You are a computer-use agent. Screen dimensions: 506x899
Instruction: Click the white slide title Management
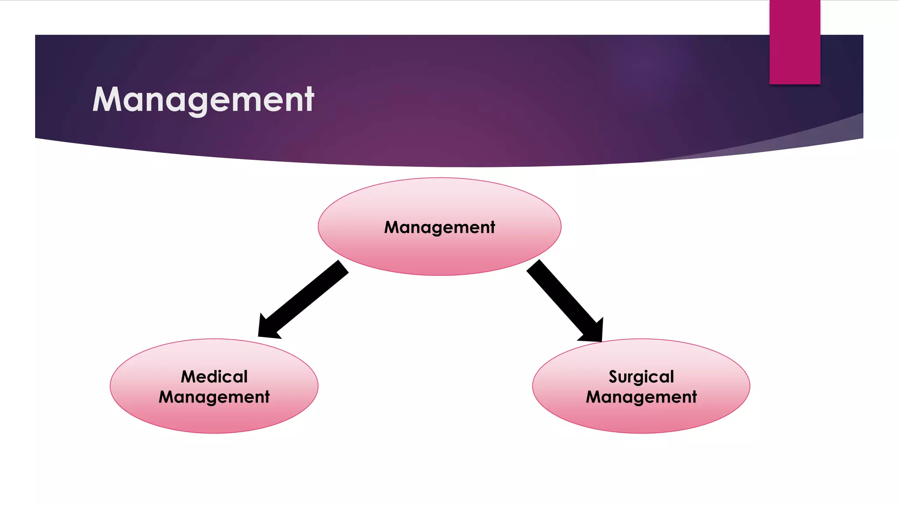point(203,100)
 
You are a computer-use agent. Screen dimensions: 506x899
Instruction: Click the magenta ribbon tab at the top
point(795,42)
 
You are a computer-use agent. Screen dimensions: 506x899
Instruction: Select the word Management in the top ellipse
point(439,227)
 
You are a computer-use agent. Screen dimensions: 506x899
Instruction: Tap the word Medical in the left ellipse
point(214,376)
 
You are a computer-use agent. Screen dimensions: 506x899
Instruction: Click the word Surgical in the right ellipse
point(641,376)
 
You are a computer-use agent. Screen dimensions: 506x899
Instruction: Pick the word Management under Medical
point(214,397)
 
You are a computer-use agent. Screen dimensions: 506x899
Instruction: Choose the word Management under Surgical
point(641,397)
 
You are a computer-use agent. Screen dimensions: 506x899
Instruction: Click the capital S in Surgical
point(613,377)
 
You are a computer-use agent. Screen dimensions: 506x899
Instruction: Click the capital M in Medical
point(190,376)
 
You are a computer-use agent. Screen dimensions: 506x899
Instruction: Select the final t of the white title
point(309,100)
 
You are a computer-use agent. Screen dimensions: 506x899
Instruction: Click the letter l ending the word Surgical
point(672,376)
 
